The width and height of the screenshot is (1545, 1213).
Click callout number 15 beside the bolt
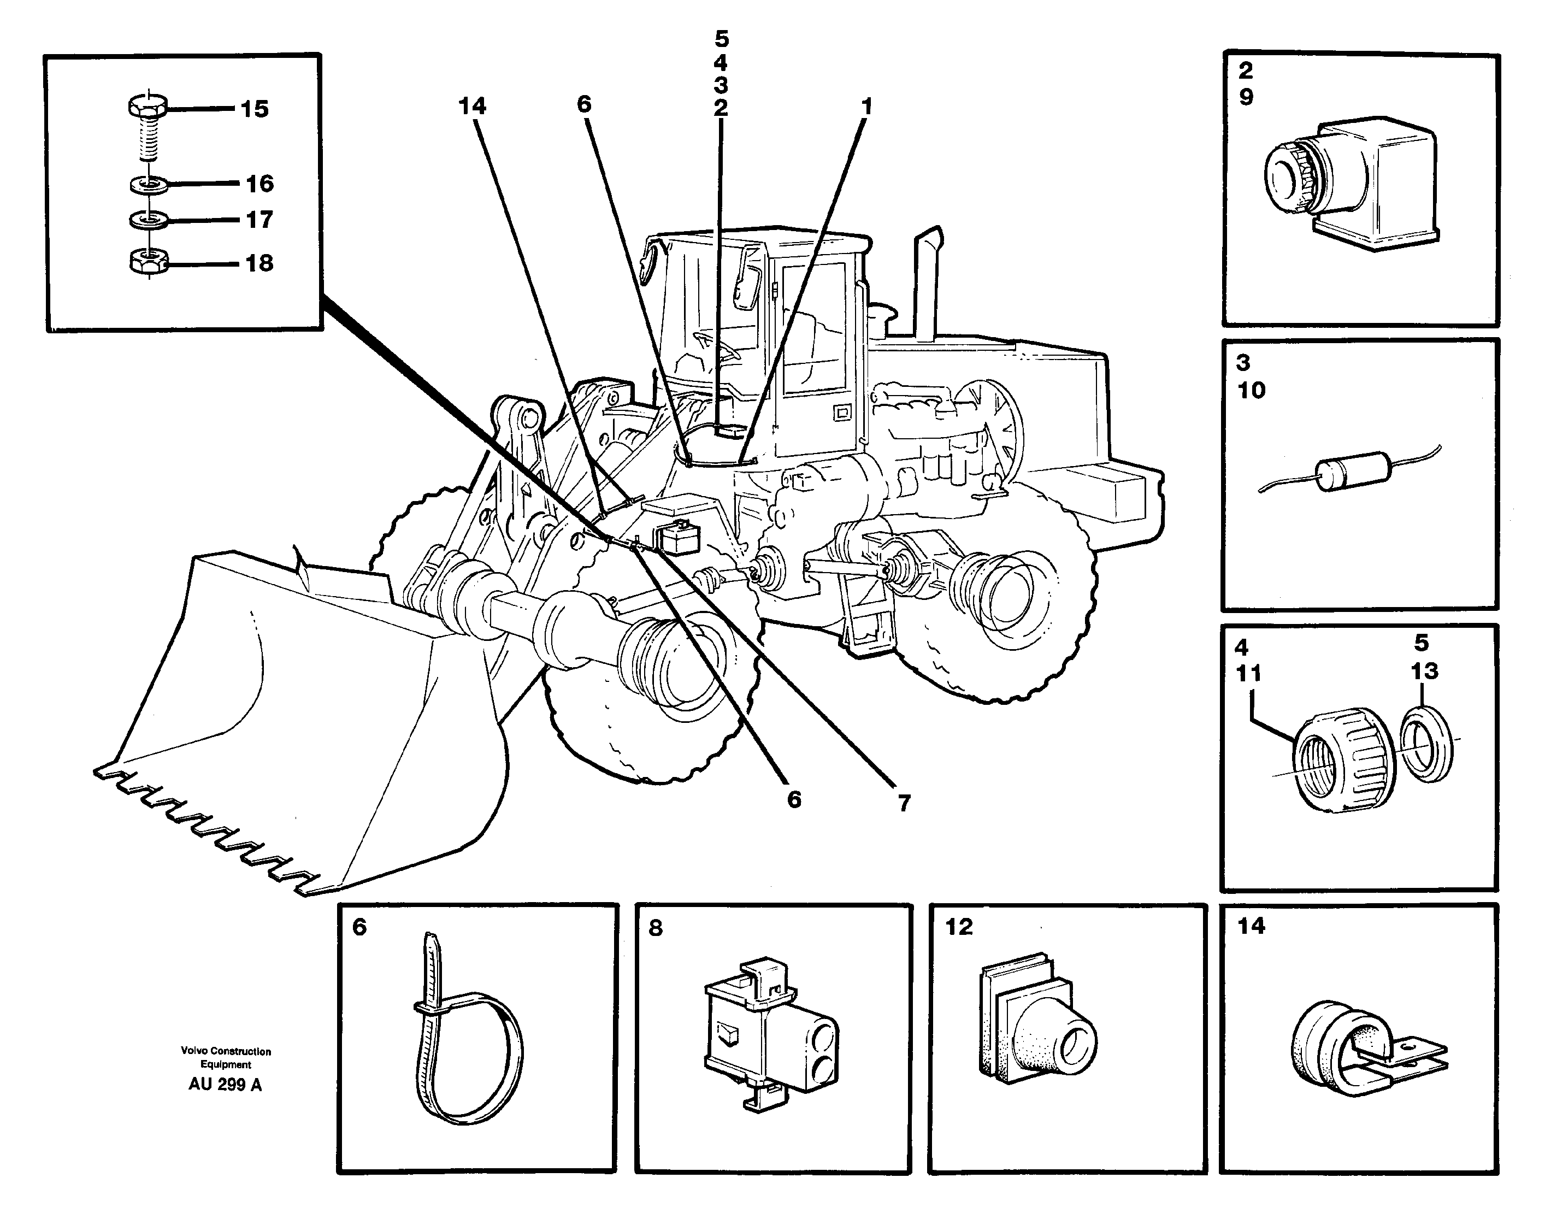tap(254, 109)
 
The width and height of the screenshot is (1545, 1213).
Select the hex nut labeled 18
tap(148, 262)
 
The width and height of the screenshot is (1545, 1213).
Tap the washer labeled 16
tap(149, 185)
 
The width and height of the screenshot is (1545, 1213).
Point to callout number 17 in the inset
tap(259, 220)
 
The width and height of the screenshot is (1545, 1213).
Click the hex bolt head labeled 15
tap(148, 107)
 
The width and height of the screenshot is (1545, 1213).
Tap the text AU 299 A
tap(225, 1085)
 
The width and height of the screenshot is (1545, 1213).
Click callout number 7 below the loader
tap(903, 803)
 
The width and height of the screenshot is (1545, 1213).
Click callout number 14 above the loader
tap(472, 106)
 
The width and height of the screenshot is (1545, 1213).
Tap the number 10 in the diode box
tap(1251, 390)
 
